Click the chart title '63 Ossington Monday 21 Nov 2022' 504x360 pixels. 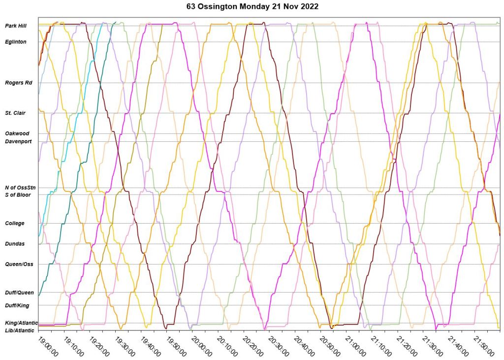coord(252,7)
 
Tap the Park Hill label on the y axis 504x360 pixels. coord(16,26)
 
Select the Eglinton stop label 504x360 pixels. coord(16,42)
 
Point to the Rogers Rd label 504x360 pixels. coord(19,83)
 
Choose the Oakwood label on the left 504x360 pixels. coord(17,133)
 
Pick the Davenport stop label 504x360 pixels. coord(18,141)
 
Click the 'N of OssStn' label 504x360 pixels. coord(20,188)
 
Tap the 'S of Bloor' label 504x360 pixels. coord(18,195)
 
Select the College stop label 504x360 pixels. coord(15,224)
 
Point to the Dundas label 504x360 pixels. coord(15,244)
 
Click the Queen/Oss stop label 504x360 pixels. coord(19,264)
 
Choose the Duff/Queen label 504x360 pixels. coord(19,293)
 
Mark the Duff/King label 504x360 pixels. coord(17,305)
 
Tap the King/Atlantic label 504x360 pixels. coord(21,323)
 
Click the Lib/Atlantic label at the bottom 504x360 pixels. coord(20,330)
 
